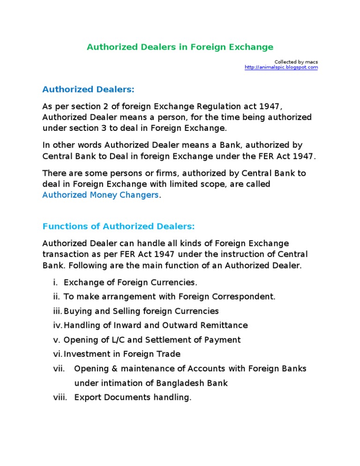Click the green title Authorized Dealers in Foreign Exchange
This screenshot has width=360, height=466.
pos(180,47)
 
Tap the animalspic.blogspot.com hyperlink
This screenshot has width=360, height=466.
pos(281,68)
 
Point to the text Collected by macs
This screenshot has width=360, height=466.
pos(296,61)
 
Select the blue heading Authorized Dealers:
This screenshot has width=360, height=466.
pos(88,90)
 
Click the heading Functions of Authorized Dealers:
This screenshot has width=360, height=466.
pos(118,226)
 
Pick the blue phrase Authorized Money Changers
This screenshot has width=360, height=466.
pos(100,195)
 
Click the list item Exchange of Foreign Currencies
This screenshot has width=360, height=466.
pos(130,282)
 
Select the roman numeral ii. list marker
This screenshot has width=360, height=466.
pos(56,297)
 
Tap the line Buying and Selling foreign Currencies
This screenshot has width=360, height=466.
pos(141,311)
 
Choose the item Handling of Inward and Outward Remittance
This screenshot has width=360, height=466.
pos(156,325)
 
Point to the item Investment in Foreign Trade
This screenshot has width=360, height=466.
pos(122,354)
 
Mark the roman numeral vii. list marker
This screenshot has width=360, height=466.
pos(58,368)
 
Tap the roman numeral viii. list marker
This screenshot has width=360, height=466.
pos(60,398)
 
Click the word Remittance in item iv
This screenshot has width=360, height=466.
pos(224,325)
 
